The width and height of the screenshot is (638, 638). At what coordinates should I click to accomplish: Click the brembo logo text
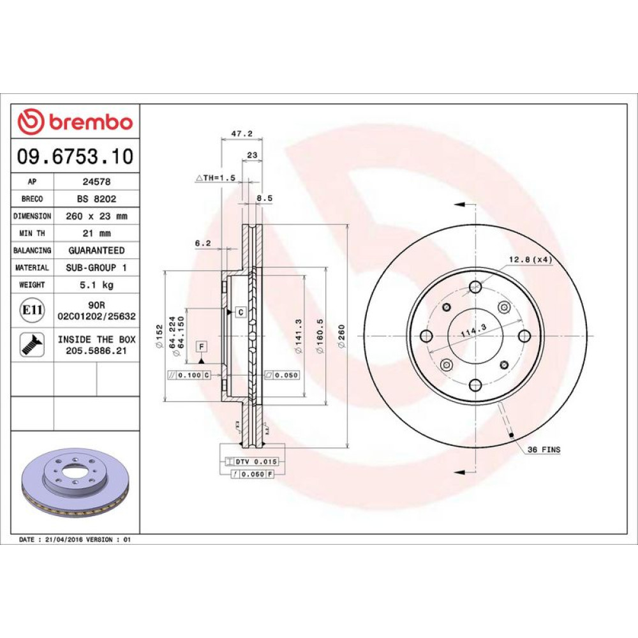(x=91, y=122)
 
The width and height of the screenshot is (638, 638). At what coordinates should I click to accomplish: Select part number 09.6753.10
(x=75, y=156)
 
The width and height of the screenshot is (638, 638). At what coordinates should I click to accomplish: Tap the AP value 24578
(x=96, y=182)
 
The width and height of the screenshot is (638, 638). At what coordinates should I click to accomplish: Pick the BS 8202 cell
(x=96, y=199)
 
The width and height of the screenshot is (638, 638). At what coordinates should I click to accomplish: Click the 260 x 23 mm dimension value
(x=96, y=216)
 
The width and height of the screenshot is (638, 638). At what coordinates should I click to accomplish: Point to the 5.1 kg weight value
(x=96, y=285)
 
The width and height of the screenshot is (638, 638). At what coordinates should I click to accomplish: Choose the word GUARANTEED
(x=96, y=250)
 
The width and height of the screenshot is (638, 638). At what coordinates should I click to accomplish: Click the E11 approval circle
(x=32, y=310)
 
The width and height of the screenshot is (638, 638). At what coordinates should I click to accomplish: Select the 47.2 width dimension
(x=242, y=133)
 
